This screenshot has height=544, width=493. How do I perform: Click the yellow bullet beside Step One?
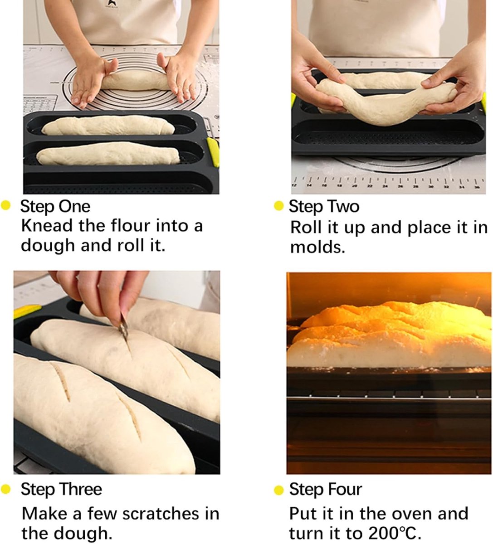click(x=6, y=205)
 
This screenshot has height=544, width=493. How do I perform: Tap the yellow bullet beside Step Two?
click(x=278, y=206)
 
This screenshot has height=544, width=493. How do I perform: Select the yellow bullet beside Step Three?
click(x=6, y=489)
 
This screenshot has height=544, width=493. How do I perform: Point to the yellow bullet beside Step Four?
click(x=278, y=490)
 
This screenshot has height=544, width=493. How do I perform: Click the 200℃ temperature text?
click(x=394, y=533)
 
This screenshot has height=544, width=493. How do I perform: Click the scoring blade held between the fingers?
click(x=124, y=329)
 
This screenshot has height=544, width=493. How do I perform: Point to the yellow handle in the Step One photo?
click(x=213, y=151)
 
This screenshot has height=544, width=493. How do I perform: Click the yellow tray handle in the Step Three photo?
click(x=27, y=311)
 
